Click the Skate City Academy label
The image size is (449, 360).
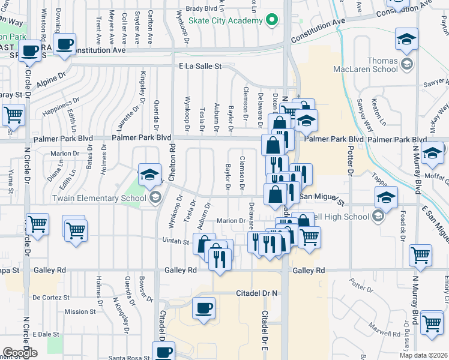(226, 20)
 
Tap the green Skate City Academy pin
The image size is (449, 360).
(272, 20)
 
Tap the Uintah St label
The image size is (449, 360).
(176, 241)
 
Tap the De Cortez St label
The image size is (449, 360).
(52, 297)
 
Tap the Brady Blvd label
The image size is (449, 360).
(202, 9)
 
